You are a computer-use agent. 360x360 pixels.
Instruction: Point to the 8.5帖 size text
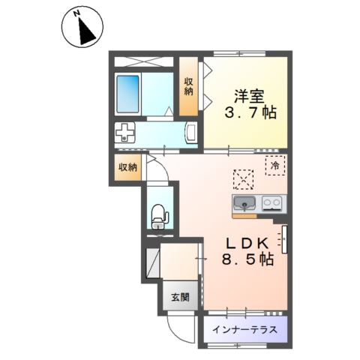pyautogui.click(x=246, y=260)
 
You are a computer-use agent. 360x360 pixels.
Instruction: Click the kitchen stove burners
pyautogui.click(x=271, y=202)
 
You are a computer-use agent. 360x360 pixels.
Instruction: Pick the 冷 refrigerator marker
pyautogui.click(x=275, y=164)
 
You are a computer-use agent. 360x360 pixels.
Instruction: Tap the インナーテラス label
pyautogui.click(x=244, y=328)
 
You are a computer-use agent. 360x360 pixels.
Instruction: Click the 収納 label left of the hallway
pyautogui.click(x=127, y=167)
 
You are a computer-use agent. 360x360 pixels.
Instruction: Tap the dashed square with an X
pyautogui.click(x=243, y=179)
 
